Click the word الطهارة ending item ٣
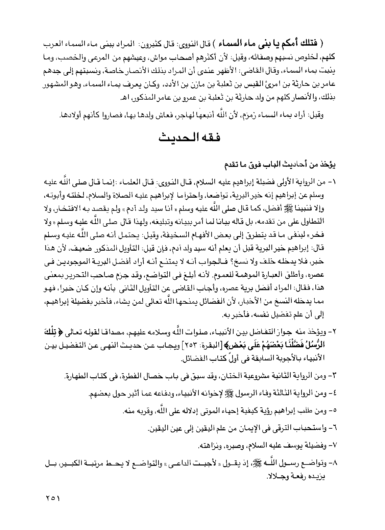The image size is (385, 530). [76, 376]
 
